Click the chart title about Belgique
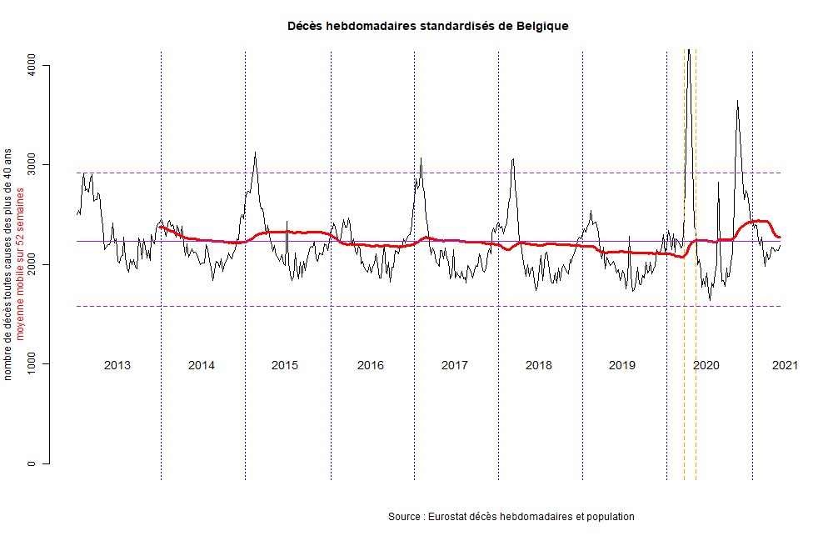coord(427,26)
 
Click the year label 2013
coord(117,365)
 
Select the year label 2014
coord(202,365)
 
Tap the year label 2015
coord(285,365)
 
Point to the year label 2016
coord(370,365)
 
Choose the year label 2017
coord(454,365)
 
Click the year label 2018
coord(539,365)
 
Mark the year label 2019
coord(622,365)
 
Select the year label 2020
coord(706,365)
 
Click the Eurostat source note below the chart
coord(511,517)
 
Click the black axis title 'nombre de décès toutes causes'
coord(8,265)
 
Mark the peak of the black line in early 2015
coord(255,153)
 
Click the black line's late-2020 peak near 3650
coord(737,101)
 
